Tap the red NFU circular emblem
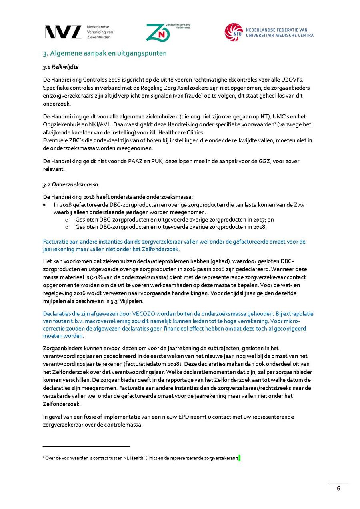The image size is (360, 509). (x=233, y=32)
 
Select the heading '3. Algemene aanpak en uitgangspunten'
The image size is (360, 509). (x=105, y=53)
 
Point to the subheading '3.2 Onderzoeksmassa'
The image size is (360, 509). (x=70, y=184)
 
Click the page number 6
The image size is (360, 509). (x=338, y=488)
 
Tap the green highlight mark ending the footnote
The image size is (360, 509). (x=239, y=459)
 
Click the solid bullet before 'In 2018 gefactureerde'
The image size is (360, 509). (x=45, y=205)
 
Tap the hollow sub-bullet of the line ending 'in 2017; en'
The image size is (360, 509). (x=66, y=220)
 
